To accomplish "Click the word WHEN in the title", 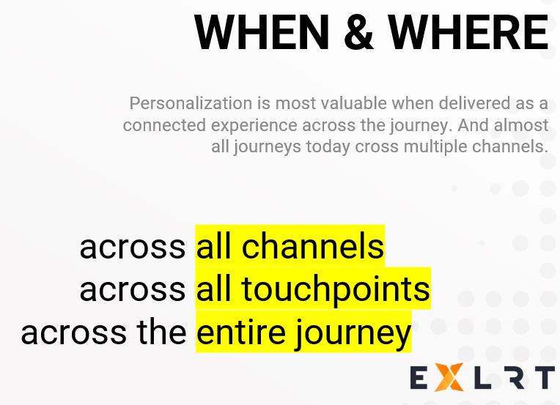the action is click(262, 31).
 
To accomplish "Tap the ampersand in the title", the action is click(358, 31).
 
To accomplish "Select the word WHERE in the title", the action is click(468, 31).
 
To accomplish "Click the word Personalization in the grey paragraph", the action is click(191, 104).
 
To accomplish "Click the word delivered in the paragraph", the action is click(475, 103).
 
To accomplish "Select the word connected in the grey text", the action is click(164, 125).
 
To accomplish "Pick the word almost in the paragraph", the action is click(521, 125).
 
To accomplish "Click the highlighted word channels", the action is click(312, 246).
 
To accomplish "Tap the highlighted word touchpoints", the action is click(336, 289).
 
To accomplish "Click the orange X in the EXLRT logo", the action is click(450, 377).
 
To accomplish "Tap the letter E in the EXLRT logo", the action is click(419, 378).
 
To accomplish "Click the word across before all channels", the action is click(132, 247).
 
